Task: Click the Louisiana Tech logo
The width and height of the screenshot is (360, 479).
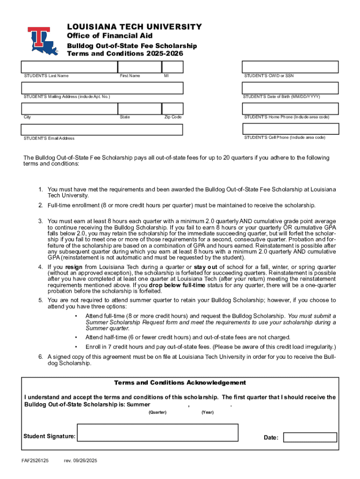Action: click(x=43, y=41)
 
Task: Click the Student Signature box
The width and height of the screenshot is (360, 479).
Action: click(x=157, y=432)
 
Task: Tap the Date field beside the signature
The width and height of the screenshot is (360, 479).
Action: click(x=310, y=437)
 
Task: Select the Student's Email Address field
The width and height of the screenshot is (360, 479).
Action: click(x=102, y=130)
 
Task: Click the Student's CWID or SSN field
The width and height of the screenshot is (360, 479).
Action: click(x=290, y=67)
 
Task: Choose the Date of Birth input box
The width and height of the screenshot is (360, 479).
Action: click(x=290, y=88)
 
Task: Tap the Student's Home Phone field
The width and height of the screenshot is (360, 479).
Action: click(x=290, y=108)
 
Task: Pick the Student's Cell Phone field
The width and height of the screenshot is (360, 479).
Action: click(x=290, y=129)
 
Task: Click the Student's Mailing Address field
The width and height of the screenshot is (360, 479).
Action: click(x=102, y=88)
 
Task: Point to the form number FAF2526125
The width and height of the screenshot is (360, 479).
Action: click(x=35, y=461)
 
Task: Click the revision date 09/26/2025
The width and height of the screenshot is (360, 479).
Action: click(x=80, y=461)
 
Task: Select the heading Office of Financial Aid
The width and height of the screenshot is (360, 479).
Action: click(x=109, y=36)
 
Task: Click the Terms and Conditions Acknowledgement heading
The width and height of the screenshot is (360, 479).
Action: click(x=180, y=383)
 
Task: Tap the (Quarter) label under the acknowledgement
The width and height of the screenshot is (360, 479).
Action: click(x=157, y=412)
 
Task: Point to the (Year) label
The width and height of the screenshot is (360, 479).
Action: click(x=207, y=412)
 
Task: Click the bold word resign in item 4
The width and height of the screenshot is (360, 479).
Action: click(x=74, y=267)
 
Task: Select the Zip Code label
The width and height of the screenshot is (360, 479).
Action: click(x=173, y=117)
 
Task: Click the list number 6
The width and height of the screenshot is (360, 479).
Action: click(x=41, y=357)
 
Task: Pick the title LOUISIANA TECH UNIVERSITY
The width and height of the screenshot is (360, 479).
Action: click(x=134, y=27)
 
